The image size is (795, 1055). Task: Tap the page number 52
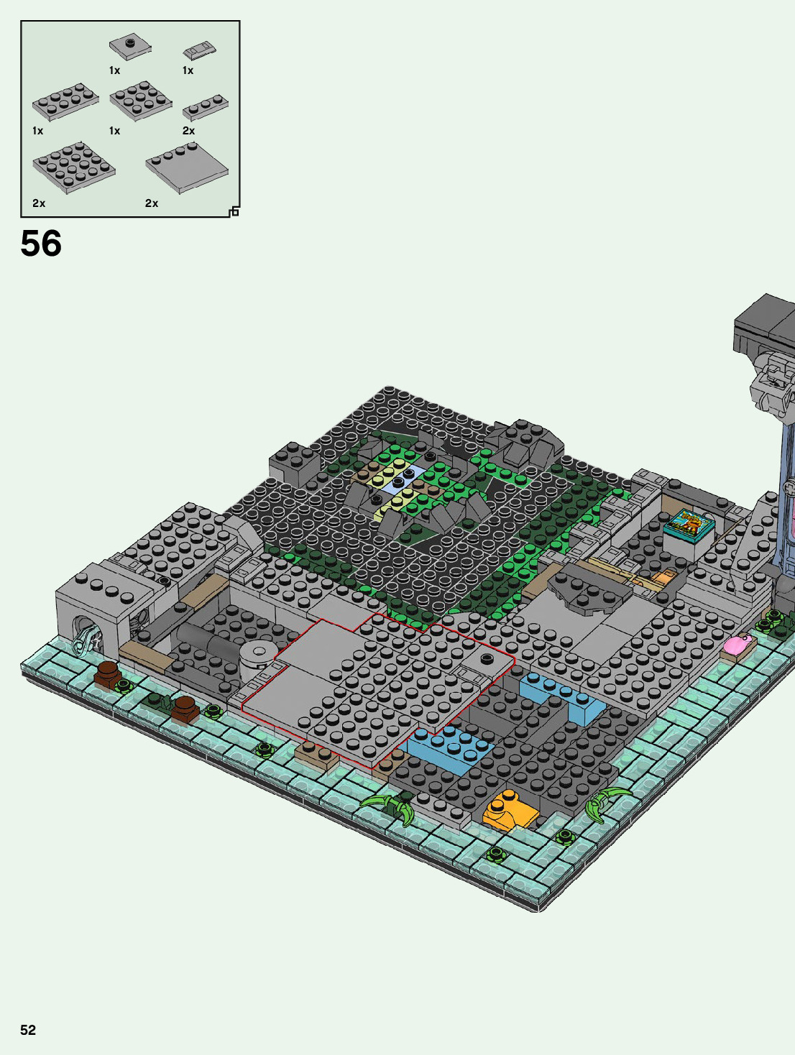(x=28, y=1030)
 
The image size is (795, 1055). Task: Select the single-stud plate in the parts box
(x=130, y=47)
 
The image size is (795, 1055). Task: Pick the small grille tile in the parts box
(x=200, y=50)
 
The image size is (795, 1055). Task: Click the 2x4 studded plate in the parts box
(x=66, y=101)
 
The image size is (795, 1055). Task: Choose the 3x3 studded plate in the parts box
(x=141, y=101)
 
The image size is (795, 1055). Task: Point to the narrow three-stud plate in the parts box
(x=206, y=107)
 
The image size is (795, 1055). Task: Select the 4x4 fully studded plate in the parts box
(x=74, y=167)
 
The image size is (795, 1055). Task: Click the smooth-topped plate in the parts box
(x=187, y=167)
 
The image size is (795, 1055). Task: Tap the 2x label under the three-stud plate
(x=189, y=131)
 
